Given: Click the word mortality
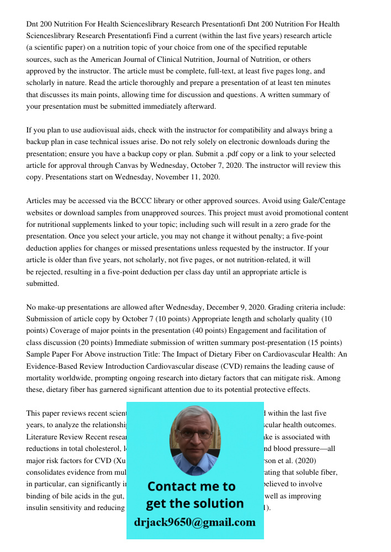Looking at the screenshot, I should tap(43, 378).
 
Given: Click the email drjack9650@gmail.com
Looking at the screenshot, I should tap(195, 522).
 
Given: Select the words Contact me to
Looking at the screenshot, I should tap(192, 486).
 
